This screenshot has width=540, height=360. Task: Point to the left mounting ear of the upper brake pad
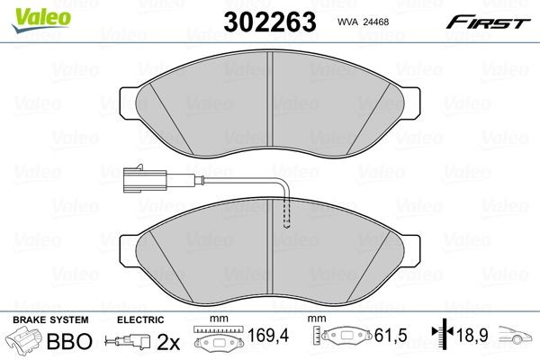[127, 96]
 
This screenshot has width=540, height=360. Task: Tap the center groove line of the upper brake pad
[271, 90]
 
